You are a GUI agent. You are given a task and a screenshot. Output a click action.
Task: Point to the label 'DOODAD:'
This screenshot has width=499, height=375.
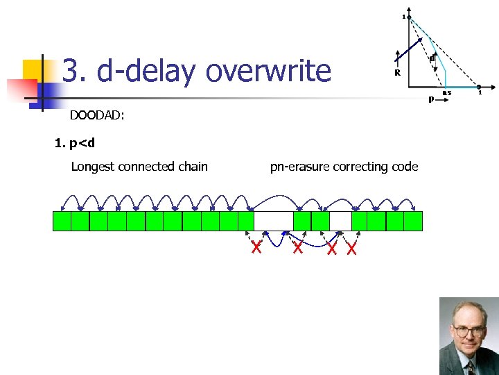coord(97,116)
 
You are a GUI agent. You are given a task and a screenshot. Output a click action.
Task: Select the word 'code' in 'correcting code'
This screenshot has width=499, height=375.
coord(403,166)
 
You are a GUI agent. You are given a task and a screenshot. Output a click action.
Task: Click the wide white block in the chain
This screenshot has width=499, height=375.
coord(274,221)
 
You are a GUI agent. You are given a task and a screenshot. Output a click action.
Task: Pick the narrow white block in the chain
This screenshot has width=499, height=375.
coord(340,221)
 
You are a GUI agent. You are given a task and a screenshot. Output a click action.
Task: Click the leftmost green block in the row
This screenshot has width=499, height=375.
coord(62,221)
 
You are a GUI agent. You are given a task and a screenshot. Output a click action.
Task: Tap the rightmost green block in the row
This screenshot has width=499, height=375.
coord(413,221)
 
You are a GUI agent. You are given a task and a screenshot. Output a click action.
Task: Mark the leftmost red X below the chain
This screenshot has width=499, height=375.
coord(256,247)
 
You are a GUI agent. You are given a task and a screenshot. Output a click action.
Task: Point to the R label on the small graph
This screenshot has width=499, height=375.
coord(397,73)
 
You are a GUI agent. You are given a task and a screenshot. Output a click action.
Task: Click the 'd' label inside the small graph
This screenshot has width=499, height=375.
coord(432,59)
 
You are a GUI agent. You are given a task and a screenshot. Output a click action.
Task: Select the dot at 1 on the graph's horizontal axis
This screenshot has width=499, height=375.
coord(479,87)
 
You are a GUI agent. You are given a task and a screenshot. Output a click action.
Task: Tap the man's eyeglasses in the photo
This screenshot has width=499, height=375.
coord(469,331)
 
